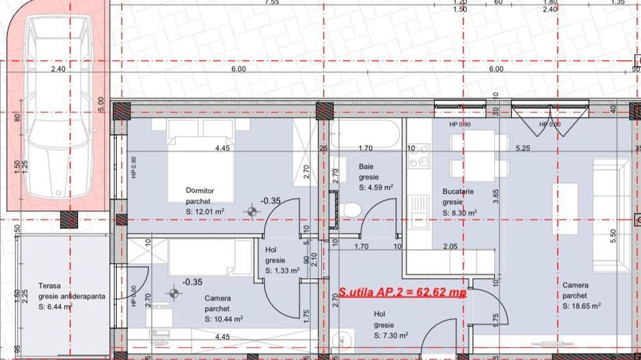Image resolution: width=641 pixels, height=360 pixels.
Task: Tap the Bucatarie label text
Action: (458, 192)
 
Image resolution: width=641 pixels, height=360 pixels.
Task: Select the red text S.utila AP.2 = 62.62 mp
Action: (403, 293)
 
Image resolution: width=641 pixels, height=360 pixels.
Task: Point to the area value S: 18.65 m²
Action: (582, 307)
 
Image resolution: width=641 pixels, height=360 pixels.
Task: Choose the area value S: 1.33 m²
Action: (282, 271)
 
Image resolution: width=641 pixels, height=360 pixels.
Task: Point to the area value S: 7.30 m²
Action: (391, 336)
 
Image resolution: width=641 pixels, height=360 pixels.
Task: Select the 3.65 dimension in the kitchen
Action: (496, 197)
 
